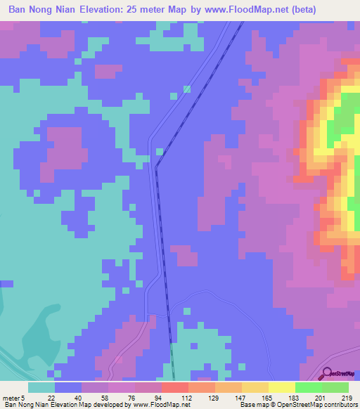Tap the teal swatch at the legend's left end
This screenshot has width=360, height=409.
pos(41,387)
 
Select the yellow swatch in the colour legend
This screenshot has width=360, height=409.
pos(282,387)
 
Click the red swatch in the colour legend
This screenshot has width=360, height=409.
pos(175,387)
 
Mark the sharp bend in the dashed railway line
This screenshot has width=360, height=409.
pos(156,167)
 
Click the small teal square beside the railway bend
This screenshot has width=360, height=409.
pos(160,151)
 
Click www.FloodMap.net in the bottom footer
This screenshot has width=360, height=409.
pos(162,405)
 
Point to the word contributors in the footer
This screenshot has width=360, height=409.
pos(342,405)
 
